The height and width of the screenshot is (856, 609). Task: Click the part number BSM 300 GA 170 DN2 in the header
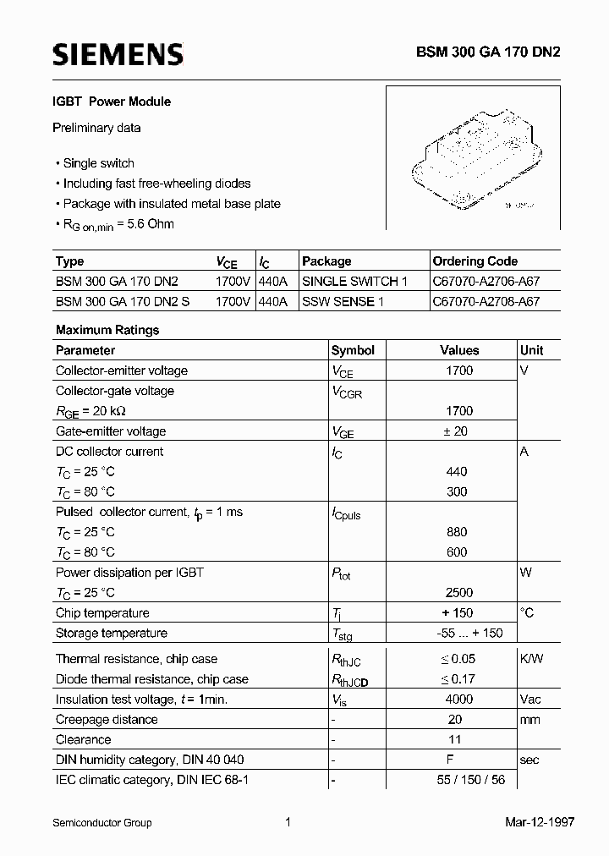point(487,52)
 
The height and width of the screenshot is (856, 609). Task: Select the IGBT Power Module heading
point(112,102)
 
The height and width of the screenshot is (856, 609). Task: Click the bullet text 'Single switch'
point(98,163)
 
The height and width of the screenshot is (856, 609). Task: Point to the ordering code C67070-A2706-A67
point(486,281)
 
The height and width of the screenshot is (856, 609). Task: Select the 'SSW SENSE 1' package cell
point(343,301)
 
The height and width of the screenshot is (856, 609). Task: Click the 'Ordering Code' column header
point(475,261)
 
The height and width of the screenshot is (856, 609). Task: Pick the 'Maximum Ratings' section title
point(107,330)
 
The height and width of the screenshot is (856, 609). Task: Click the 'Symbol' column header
point(353,350)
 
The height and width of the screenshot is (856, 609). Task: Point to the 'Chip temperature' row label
point(102,613)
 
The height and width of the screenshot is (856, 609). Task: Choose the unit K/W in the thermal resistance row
point(532,659)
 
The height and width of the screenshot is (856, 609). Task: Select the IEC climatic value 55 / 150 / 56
point(471,780)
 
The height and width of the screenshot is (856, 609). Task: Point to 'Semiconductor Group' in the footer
point(102,822)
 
